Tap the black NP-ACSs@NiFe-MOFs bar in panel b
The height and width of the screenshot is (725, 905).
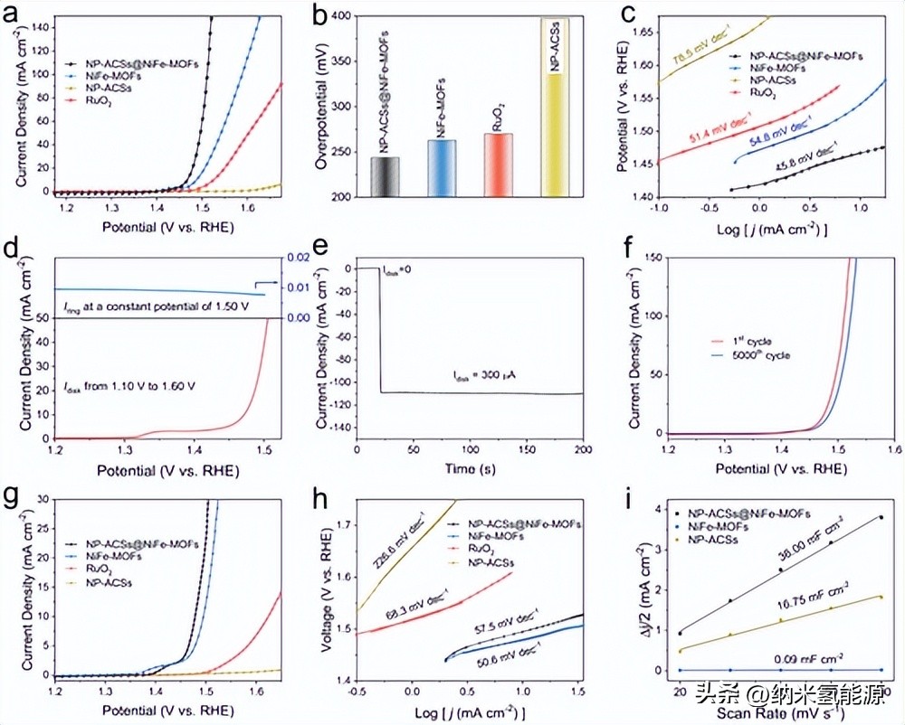385,177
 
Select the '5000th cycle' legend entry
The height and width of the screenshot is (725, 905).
759,356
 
